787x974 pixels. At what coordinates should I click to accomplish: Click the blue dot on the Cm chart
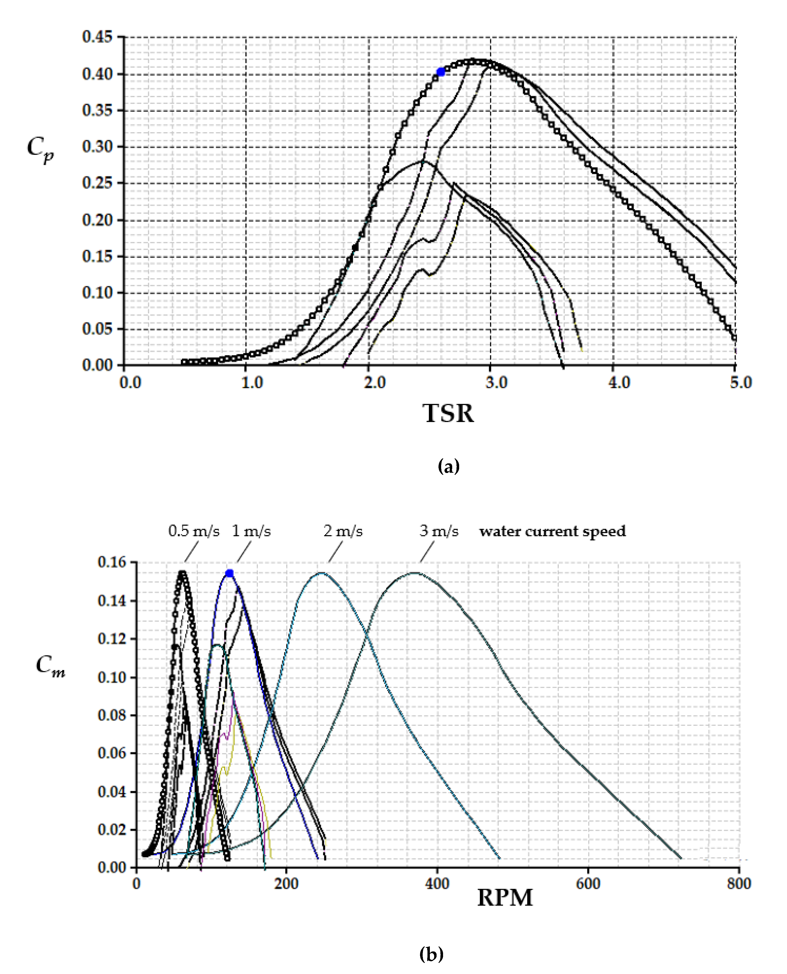(229, 573)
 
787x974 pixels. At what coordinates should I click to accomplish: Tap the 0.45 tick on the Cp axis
(97, 37)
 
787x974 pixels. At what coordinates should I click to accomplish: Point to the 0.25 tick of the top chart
(97, 183)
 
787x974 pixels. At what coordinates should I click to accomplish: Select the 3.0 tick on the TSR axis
(496, 383)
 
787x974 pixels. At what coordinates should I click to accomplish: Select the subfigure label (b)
(431, 955)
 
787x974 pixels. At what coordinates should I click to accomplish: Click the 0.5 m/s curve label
(194, 531)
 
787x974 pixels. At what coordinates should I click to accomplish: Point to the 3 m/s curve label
(439, 531)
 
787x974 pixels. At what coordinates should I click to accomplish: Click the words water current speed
(553, 531)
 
